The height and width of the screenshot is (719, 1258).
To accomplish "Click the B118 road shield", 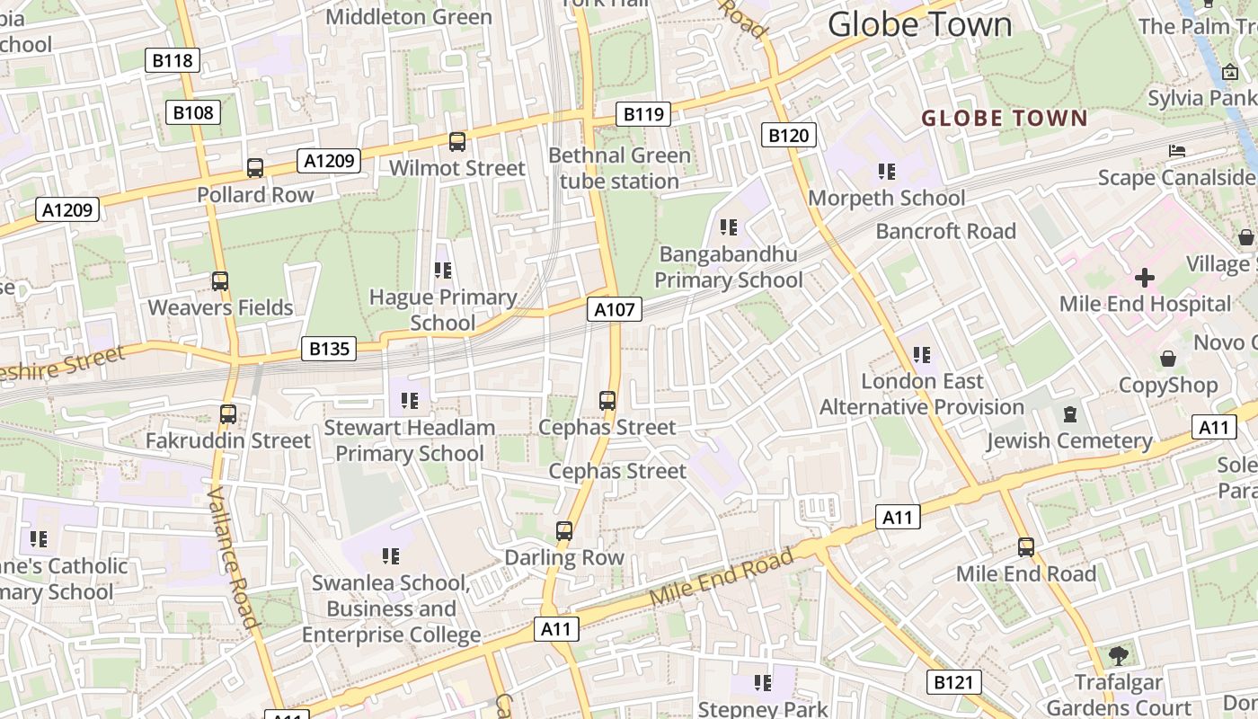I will pyautogui.click(x=172, y=60).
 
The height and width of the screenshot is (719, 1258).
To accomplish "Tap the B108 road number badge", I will pyautogui.click(x=193, y=112).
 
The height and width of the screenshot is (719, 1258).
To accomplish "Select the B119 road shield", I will pyautogui.click(x=643, y=114).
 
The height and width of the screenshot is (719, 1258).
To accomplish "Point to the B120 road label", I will pyautogui.click(x=789, y=136).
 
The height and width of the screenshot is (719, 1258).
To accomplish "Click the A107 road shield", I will pyautogui.click(x=615, y=310).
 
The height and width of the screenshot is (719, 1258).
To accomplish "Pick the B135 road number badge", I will pyautogui.click(x=329, y=349).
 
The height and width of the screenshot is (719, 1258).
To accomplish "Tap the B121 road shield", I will pyautogui.click(x=953, y=682).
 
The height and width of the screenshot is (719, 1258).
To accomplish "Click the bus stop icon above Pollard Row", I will pyautogui.click(x=255, y=168).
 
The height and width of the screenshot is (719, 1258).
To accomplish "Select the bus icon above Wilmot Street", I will pyautogui.click(x=457, y=142).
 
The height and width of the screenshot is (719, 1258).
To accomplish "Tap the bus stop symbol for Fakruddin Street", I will pyautogui.click(x=228, y=414).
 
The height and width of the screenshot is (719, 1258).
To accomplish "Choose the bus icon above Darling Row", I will pyautogui.click(x=564, y=531).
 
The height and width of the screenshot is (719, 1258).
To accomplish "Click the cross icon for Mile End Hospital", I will pyautogui.click(x=1145, y=277).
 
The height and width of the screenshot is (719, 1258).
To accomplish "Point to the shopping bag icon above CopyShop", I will pyautogui.click(x=1168, y=359).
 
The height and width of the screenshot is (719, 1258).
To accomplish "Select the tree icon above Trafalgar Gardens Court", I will pyautogui.click(x=1119, y=656).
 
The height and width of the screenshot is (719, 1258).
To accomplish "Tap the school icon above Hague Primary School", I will pyautogui.click(x=442, y=270).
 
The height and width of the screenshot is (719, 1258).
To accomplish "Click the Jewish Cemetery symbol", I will pyautogui.click(x=1070, y=414).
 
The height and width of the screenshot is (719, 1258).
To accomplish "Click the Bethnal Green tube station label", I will pyautogui.click(x=620, y=168).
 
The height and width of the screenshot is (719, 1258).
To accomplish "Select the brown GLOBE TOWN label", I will pyautogui.click(x=1005, y=118).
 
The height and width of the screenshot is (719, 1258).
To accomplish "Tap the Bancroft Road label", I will pyautogui.click(x=945, y=231).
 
